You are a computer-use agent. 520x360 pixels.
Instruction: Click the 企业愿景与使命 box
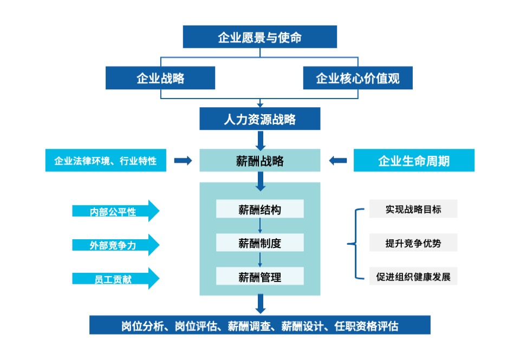pos(259,37)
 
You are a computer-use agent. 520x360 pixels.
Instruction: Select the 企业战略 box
pos(160,78)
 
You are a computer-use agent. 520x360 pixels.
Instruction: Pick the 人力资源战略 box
pos(259,119)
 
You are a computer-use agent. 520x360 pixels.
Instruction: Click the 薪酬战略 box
pos(259,160)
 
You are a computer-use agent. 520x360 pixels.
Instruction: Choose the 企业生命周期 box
pos(414,161)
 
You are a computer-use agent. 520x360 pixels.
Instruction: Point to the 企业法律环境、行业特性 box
pos(106,161)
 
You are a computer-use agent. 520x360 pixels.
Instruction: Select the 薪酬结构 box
pos(259,210)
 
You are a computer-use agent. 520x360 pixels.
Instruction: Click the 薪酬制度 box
pos(259,243)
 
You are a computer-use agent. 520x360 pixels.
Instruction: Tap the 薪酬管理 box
pos(259,277)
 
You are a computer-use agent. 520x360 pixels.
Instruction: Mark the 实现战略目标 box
pos(413,209)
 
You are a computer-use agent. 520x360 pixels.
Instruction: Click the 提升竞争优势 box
pos(413,243)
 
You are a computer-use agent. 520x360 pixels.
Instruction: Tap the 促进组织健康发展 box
pos(413,277)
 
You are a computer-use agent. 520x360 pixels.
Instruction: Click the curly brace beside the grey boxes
pos(355,244)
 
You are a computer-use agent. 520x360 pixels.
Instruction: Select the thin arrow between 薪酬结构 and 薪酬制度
pos(260,226)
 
